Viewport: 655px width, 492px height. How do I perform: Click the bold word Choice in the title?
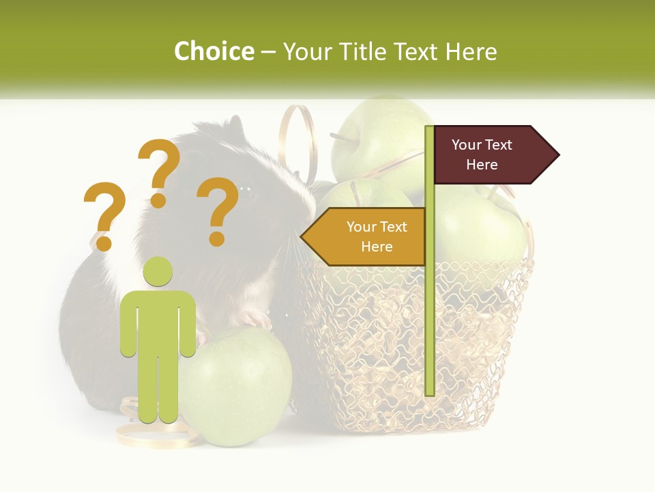click(214, 51)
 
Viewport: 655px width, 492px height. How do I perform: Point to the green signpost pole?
click(429, 307)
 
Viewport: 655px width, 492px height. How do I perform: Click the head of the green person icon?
click(158, 271)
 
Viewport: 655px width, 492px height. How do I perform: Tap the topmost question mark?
click(159, 172)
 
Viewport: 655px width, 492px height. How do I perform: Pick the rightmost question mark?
click(218, 210)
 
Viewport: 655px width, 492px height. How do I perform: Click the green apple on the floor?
click(235, 386)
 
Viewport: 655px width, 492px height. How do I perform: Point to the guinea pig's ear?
click(235, 126)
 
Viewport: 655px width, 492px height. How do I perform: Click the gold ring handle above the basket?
click(299, 140)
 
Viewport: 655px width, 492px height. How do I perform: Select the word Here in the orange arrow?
click(377, 247)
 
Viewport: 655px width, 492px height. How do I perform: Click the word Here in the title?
click(471, 51)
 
